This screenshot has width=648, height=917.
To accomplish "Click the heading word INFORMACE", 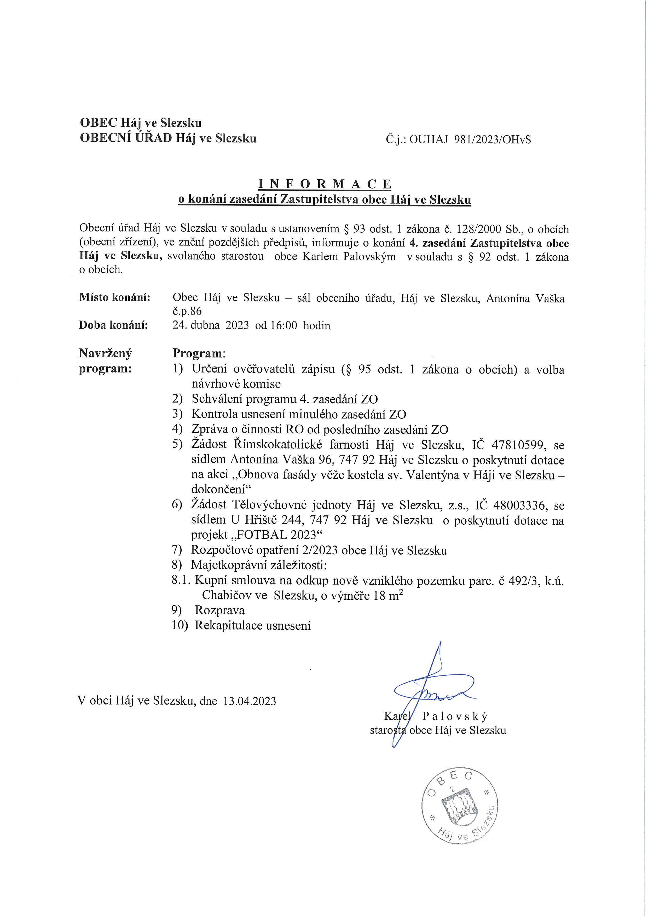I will coord(325,184).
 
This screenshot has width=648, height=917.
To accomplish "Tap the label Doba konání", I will coord(113,325).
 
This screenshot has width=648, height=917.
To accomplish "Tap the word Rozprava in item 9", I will coord(219,610).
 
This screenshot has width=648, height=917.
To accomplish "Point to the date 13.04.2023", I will coord(250,701).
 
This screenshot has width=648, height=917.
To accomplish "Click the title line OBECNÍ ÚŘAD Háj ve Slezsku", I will coord(168,138).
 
